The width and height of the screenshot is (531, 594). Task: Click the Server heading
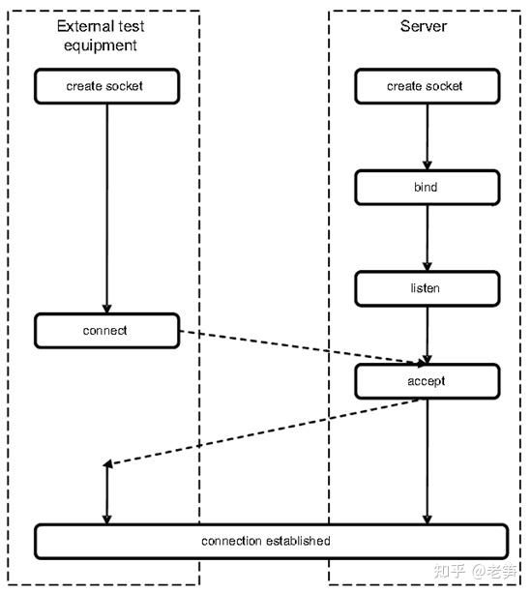[424, 26]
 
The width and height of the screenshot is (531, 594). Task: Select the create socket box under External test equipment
[106, 86]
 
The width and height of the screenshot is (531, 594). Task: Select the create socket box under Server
[425, 86]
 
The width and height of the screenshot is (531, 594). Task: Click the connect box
[106, 331]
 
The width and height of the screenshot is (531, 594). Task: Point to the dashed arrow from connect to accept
[300, 348]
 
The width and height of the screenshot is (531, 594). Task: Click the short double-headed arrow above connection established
[106, 493]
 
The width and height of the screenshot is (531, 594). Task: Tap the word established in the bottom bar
[296, 540]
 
